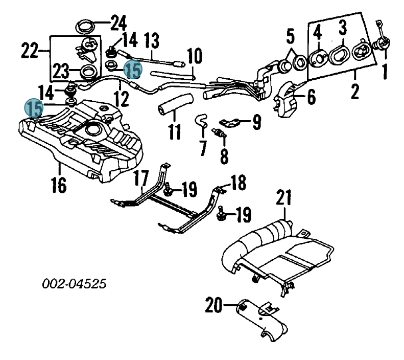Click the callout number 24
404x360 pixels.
[119, 23]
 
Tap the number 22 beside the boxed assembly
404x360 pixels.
[30, 51]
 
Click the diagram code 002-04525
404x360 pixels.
[74, 284]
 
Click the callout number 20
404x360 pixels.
[213, 305]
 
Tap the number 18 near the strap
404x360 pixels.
[239, 183]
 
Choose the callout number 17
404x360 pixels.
[142, 178]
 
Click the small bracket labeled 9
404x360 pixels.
[230, 123]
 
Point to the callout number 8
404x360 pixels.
[224, 155]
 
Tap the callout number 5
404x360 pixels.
[291, 36]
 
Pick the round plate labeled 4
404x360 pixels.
[319, 59]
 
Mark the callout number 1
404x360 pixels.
[385, 72]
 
